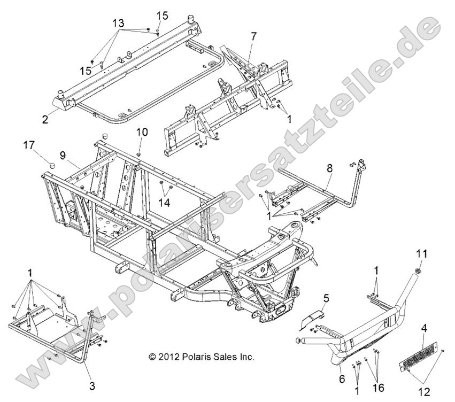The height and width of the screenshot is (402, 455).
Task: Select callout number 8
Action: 329,168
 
